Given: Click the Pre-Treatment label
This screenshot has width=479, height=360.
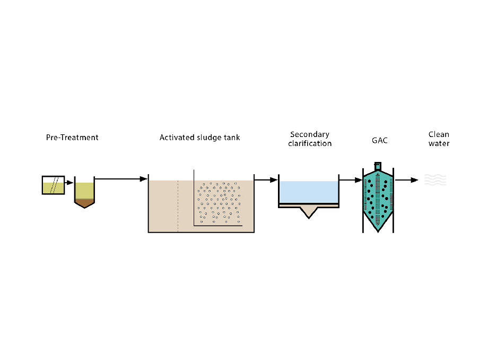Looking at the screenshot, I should point(72,138).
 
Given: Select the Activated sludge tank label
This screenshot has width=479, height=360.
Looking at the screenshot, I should point(199,138).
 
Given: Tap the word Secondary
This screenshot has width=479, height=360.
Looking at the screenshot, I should point(310,134).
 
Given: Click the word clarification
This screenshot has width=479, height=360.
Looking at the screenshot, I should point(310,143).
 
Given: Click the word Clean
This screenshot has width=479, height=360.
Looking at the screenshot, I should point(439,134).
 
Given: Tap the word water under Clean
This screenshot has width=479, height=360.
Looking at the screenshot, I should point(439,143).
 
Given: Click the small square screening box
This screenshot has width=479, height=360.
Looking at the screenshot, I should point(53,185).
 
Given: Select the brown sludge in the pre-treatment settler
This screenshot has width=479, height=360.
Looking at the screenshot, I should point(84,202).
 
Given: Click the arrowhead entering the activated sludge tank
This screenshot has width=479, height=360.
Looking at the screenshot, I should point(143,179).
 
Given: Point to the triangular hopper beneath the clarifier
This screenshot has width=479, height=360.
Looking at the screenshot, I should point(309,212).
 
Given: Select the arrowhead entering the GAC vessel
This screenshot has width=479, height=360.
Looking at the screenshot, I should point(358,180).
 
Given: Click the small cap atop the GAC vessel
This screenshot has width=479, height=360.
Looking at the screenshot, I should point(378,165).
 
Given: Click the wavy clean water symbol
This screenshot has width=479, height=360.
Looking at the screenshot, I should point(435,180).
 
